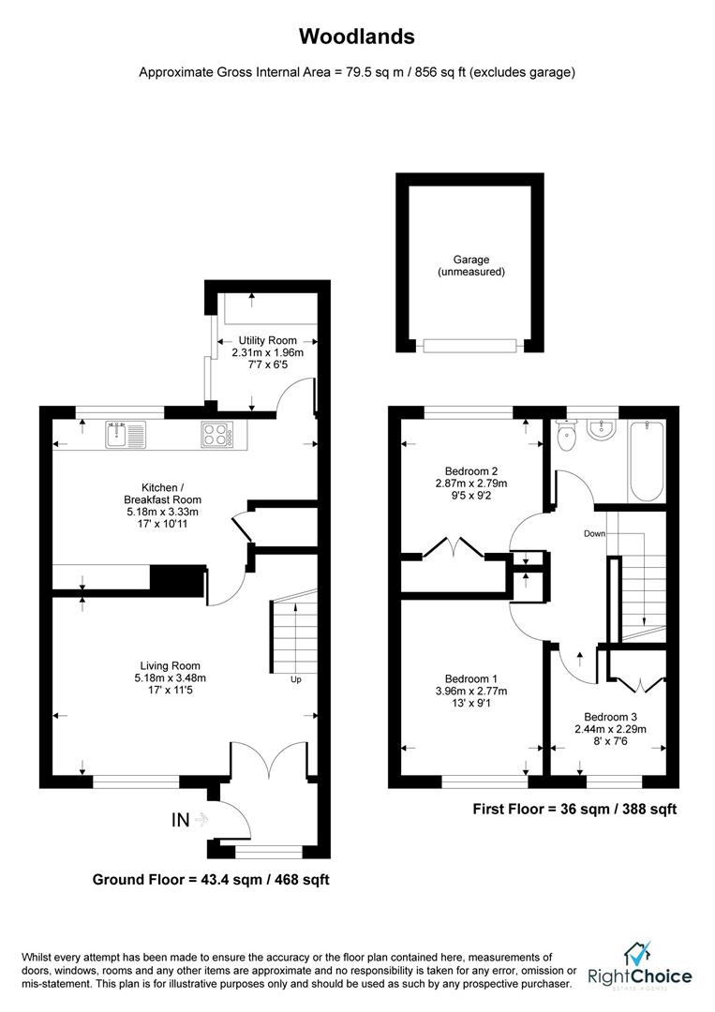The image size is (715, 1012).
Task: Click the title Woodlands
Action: (356, 37)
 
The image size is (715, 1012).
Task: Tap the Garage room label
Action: (470, 260)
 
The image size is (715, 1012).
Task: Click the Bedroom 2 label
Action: (470, 471)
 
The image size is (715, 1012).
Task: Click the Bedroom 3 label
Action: (608, 715)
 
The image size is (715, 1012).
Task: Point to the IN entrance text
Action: (181, 820)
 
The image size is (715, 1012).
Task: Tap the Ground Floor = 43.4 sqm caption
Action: (211, 880)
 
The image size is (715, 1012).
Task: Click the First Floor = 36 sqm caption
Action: (574, 809)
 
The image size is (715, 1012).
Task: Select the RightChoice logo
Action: (640, 966)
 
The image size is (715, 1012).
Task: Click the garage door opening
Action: (469, 346)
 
